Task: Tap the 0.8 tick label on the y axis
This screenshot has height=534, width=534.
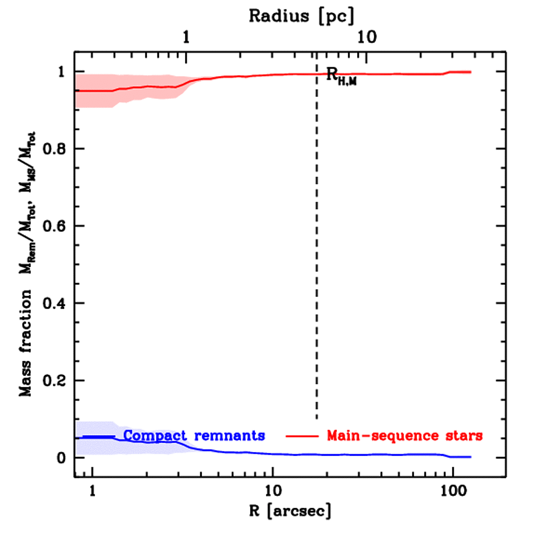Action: tap(55, 149)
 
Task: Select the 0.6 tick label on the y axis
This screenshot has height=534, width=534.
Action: tap(55, 226)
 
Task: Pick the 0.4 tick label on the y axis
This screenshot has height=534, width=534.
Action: tap(55, 303)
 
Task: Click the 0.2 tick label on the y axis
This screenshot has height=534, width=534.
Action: tap(55, 380)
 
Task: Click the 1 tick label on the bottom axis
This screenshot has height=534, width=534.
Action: tap(92, 491)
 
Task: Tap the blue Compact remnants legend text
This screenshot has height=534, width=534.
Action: tap(195, 435)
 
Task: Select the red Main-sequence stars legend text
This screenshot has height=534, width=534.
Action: tap(405, 435)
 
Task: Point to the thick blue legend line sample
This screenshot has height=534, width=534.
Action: tap(99, 436)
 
